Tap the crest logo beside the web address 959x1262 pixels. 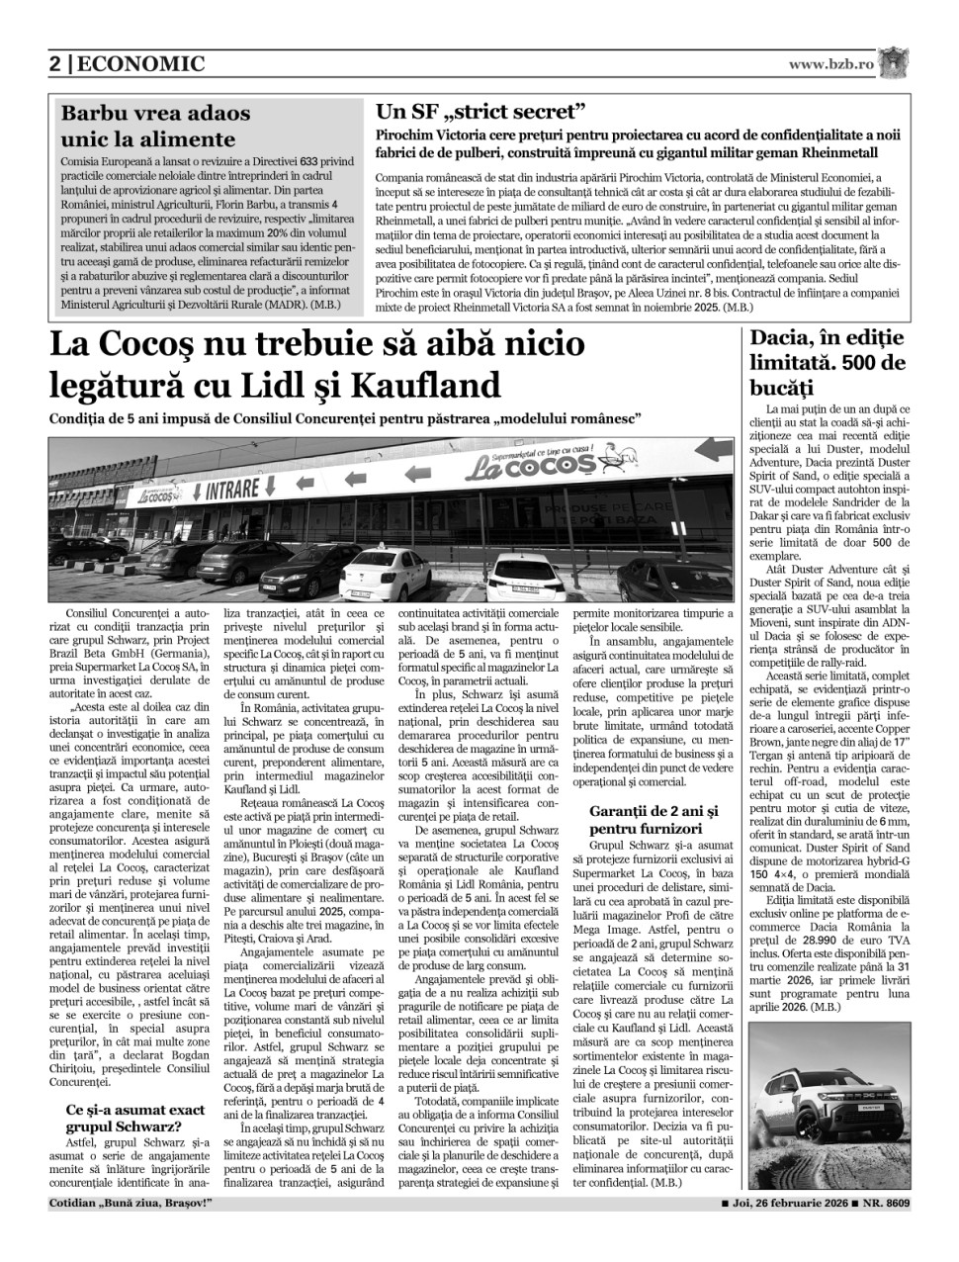(896, 62)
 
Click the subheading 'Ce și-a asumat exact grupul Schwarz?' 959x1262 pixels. (123, 1117)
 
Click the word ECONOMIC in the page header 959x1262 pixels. (140, 65)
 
